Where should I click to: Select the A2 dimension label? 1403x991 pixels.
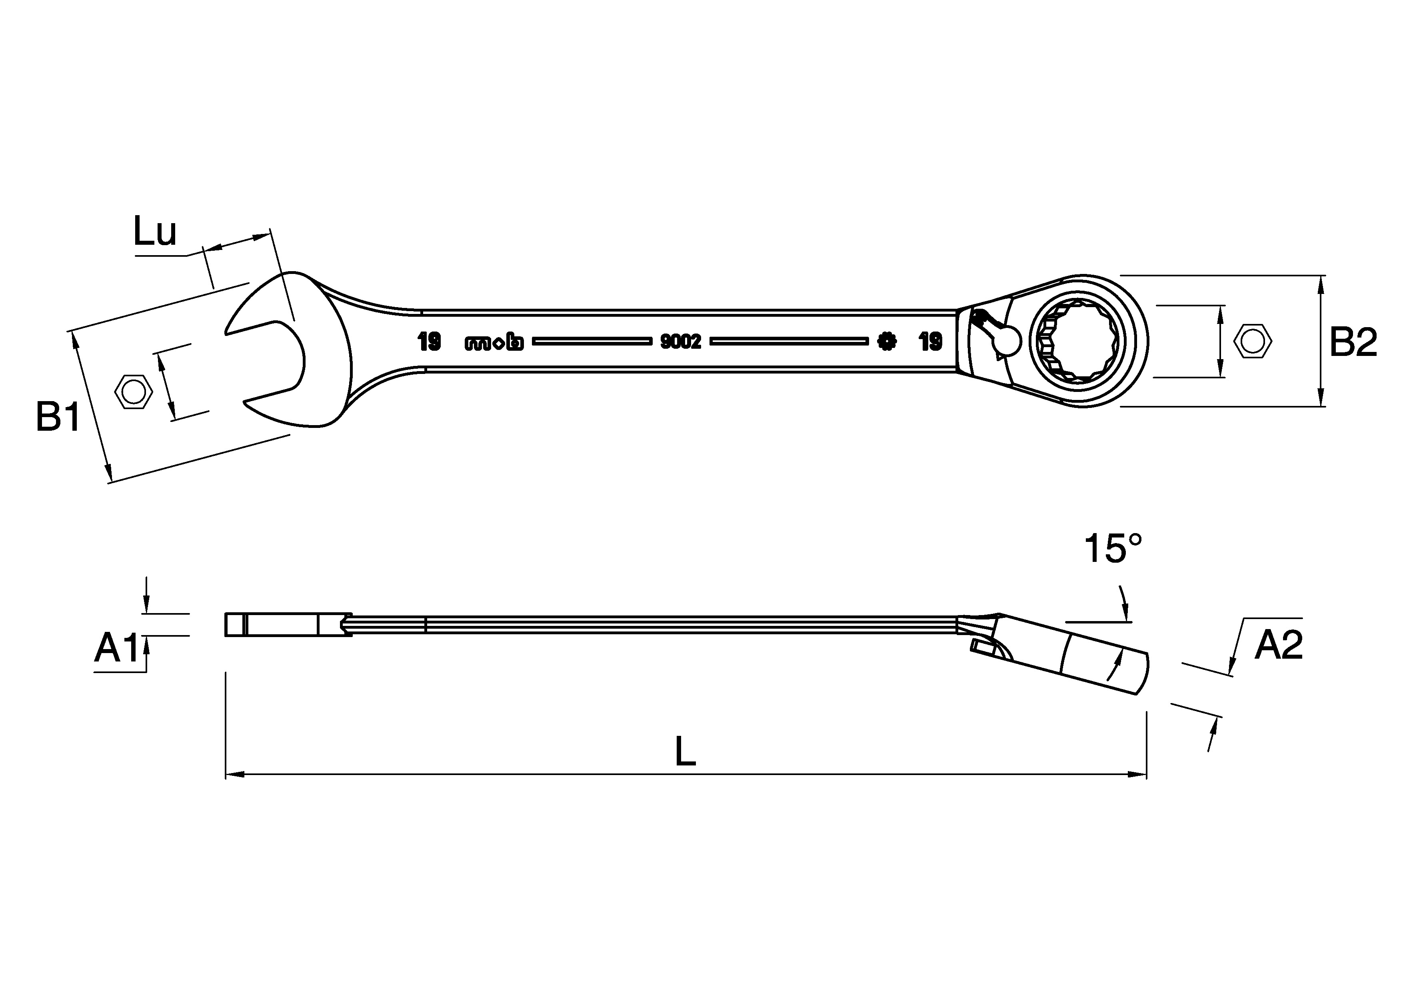[1278, 645]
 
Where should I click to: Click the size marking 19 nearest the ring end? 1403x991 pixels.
[931, 342]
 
